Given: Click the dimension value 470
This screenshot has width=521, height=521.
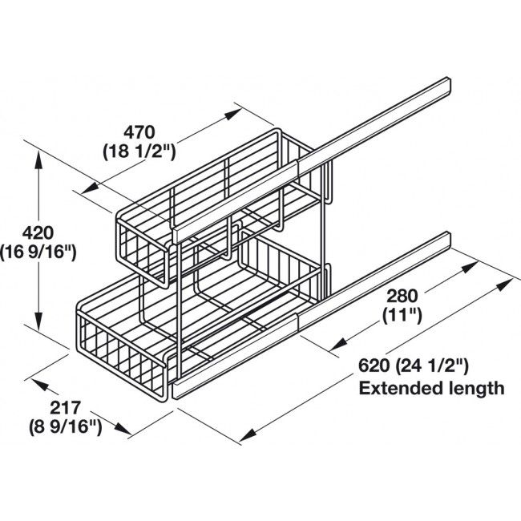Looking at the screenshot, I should [x=139, y=130].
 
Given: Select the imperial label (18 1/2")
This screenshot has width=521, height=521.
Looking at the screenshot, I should [x=139, y=149].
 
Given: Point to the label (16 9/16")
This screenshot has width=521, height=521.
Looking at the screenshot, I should [x=38, y=252].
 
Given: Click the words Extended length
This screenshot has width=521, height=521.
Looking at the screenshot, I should [x=431, y=390].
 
